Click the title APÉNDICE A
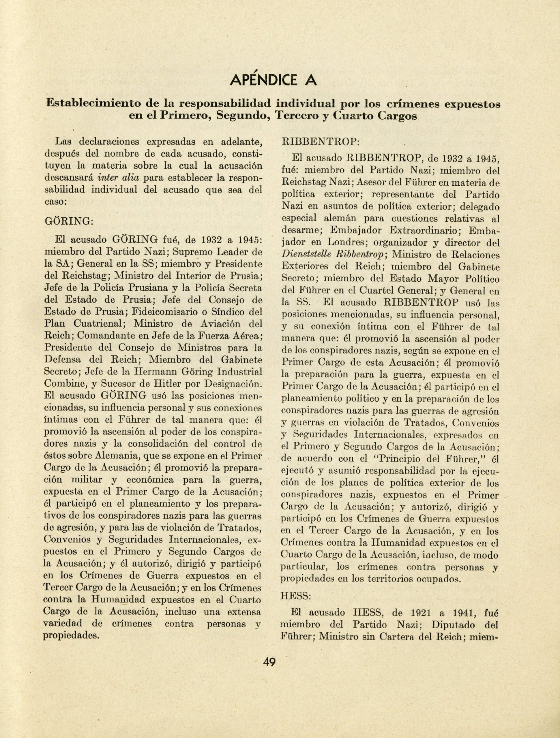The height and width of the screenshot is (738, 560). [274, 80]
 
